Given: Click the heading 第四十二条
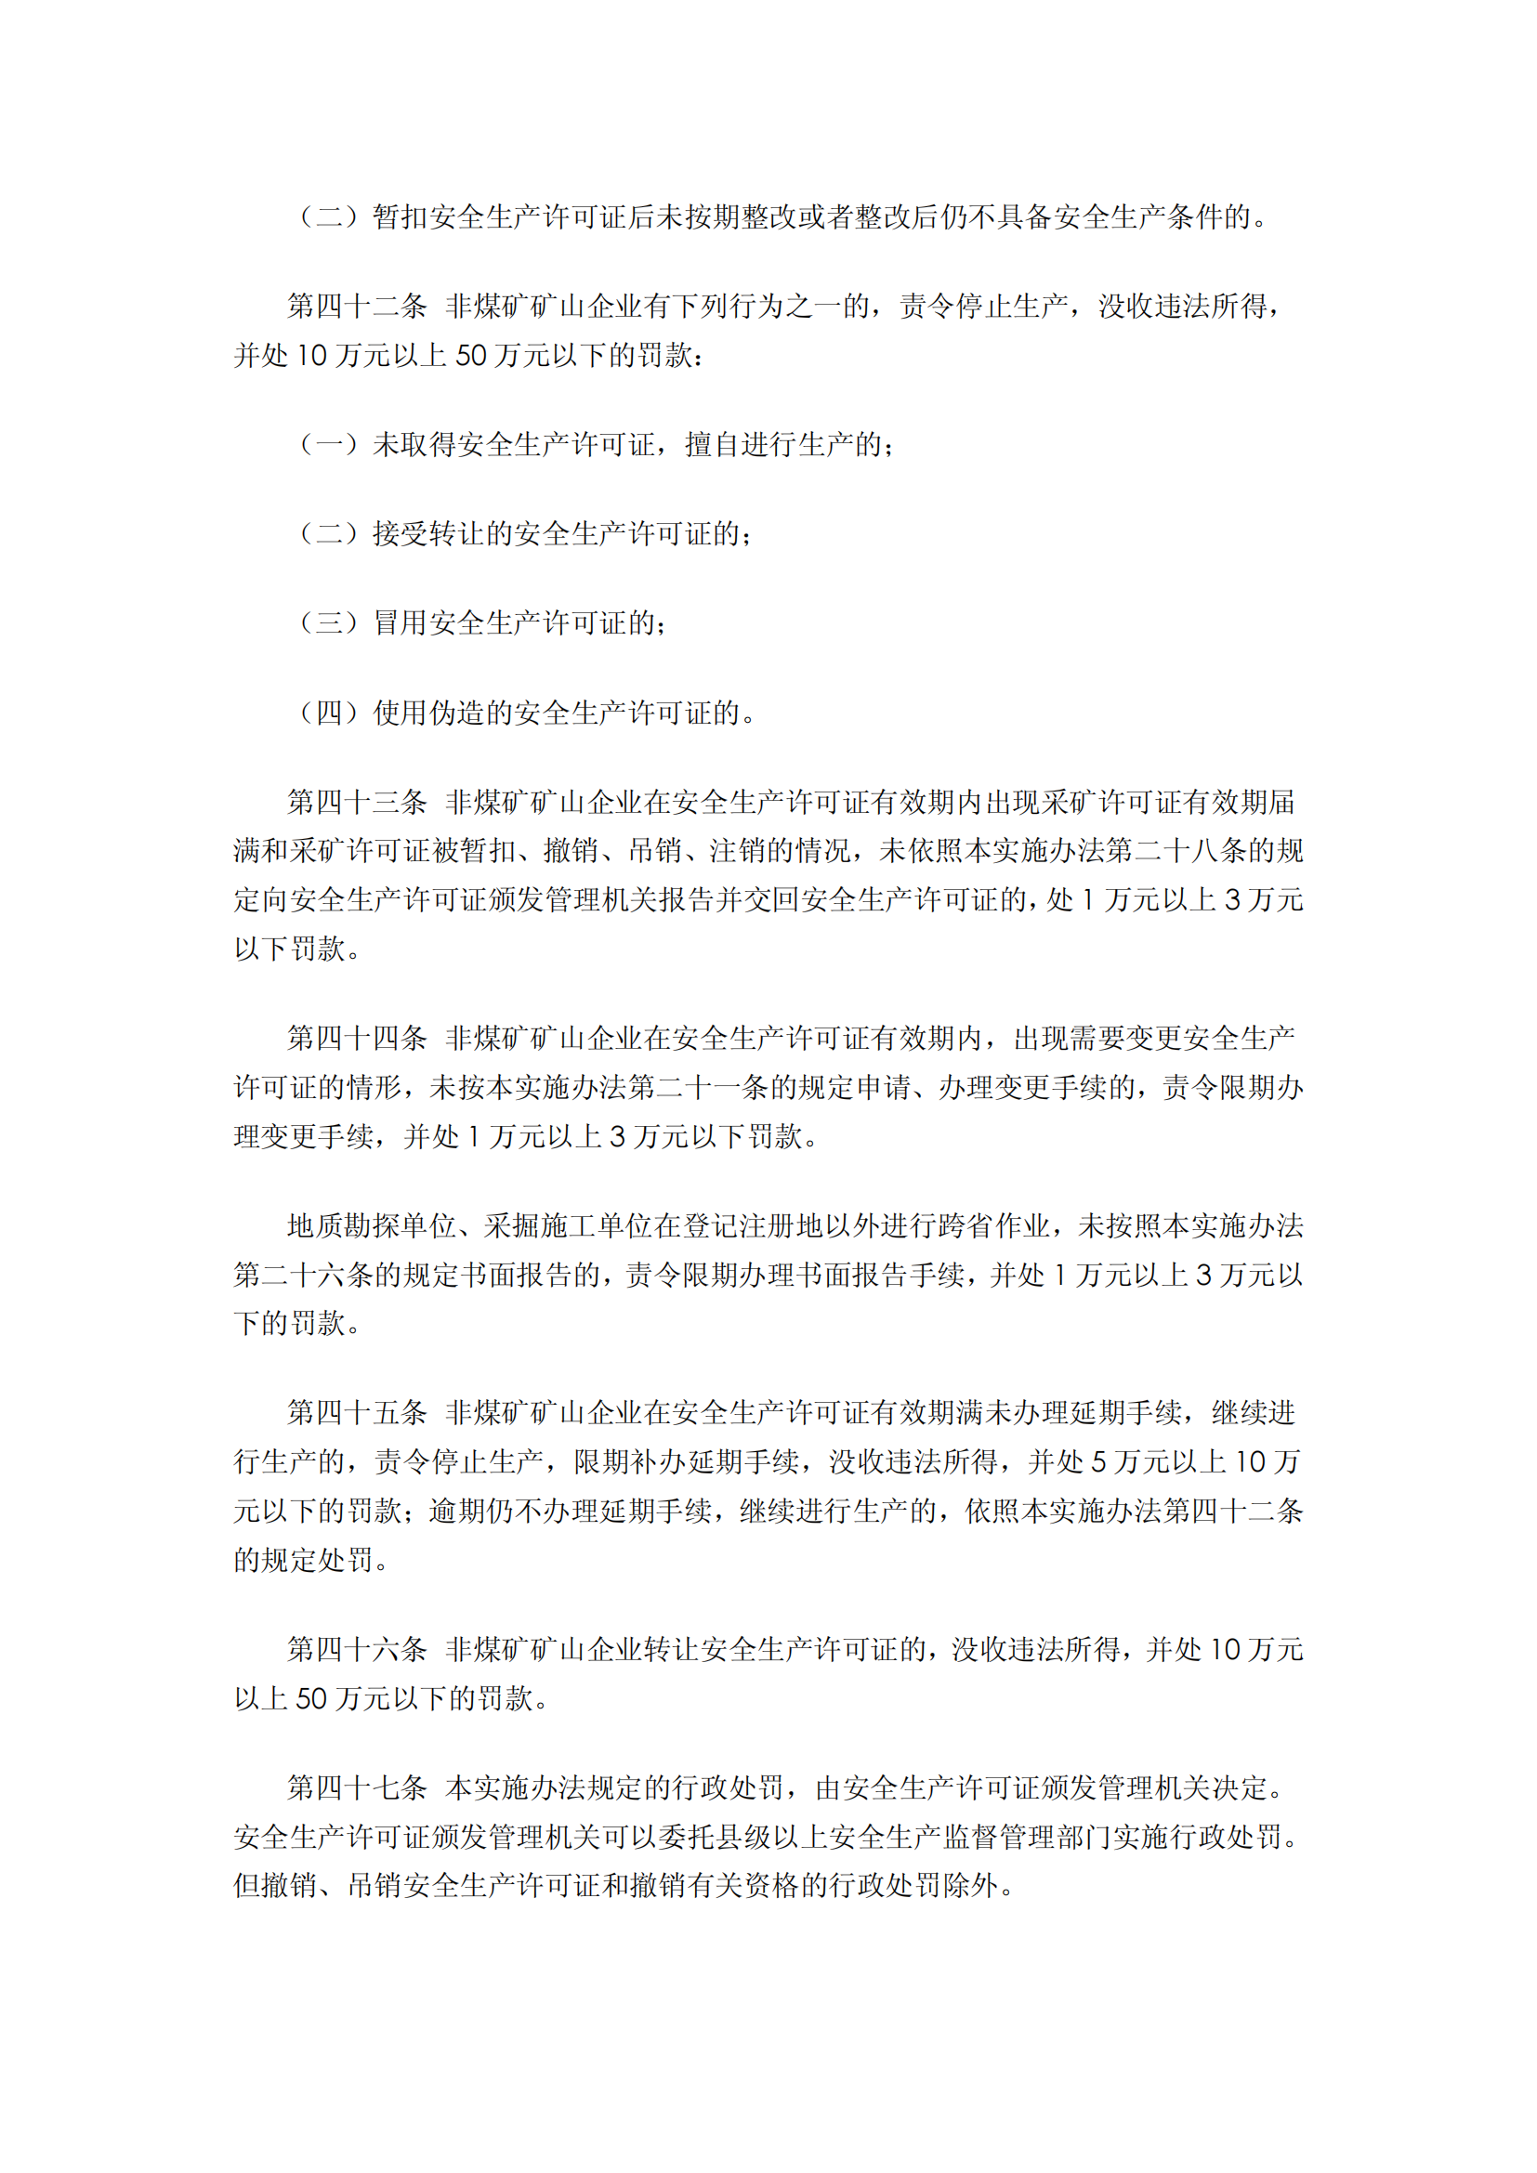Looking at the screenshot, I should tap(357, 306).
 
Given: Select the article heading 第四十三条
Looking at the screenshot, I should tap(357, 802).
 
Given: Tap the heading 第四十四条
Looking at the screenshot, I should tap(357, 1039).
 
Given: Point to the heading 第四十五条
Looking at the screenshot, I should tap(357, 1413).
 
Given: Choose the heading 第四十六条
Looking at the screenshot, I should tap(357, 1650).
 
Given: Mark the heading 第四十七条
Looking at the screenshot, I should tap(357, 1787).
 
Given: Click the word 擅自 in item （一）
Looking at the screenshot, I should tap(713, 444).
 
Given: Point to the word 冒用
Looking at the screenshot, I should tap(401, 622).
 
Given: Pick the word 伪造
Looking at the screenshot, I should tap(457, 713).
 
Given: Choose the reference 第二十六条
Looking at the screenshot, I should tap(304, 1275).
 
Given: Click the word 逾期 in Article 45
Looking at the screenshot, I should tap(456, 1511).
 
